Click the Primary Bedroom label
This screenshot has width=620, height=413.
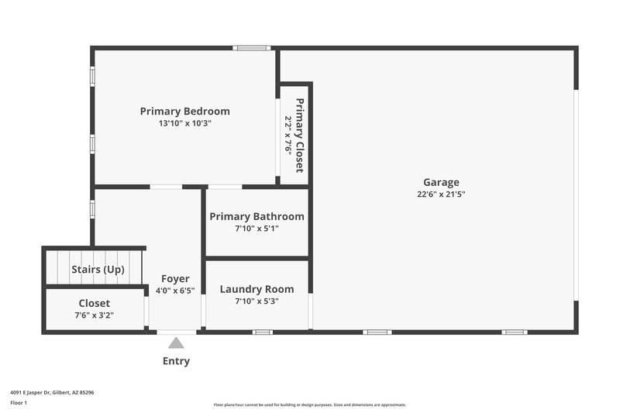point(184,111)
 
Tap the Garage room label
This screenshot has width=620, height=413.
point(440,182)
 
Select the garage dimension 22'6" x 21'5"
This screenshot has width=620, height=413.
point(440,194)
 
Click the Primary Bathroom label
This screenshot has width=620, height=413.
point(257,216)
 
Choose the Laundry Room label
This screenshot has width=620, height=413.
point(257,289)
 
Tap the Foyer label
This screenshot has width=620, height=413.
point(175,279)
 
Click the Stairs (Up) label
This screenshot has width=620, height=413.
point(96,270)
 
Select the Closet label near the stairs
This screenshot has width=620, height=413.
point(94,303)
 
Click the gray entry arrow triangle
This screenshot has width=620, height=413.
point(176,342)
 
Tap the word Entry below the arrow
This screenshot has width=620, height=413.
point(176,361)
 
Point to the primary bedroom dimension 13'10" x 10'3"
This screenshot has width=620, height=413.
point(184,123)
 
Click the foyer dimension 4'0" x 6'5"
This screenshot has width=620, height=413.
point(175,291)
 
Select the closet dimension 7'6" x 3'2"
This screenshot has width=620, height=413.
point(94,315)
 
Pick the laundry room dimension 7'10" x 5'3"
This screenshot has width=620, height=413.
point(257,301)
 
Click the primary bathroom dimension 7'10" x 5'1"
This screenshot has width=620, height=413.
point(257,229)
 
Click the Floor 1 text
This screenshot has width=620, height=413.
point(19,404)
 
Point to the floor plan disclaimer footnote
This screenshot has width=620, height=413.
point(309,404)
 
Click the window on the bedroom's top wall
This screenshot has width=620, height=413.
point(253,48)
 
